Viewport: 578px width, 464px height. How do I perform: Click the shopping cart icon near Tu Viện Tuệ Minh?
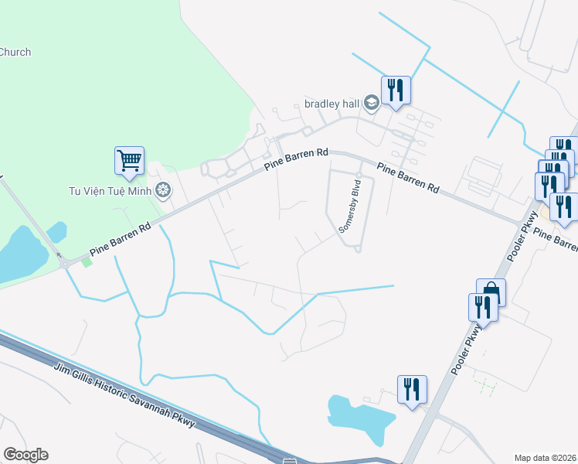pos(130,161)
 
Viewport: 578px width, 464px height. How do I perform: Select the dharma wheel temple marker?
pos(163,190)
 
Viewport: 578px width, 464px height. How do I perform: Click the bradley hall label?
pos(331,104)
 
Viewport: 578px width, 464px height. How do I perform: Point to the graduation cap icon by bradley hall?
pos(372,104)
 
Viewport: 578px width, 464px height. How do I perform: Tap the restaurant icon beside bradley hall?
pos(396,90)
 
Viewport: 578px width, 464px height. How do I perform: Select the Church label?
pos(15,53)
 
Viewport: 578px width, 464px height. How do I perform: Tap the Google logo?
pos(25,455)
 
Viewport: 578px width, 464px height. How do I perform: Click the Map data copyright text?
pos(546,458)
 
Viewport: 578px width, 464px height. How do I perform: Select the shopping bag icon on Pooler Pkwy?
pos(491,292)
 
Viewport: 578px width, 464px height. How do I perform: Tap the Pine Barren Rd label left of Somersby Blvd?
pos(295,159)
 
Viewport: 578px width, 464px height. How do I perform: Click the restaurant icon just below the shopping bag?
pos(483,307)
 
